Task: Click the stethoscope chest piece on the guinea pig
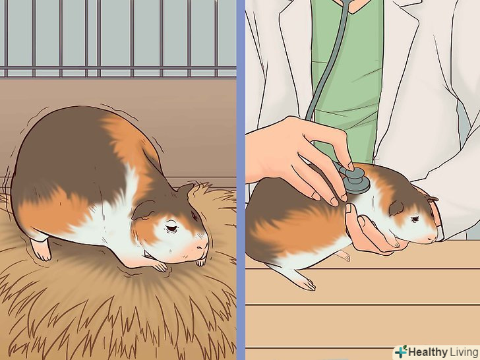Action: (x=356, y=180)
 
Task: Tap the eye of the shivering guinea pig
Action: (x=171, y=228)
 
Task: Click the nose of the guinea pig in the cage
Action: (x=202, y=244)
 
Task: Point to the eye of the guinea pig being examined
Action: (x=415, y=219)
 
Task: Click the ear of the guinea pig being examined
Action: (x=396, y=208)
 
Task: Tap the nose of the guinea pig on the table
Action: (x=433, y=237)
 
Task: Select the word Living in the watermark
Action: (x=464, y=352)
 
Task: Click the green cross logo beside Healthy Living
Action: (x=401, y=351)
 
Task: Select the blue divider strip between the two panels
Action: (x=241, y=180)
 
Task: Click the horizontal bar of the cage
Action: (x=118, y=67)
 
